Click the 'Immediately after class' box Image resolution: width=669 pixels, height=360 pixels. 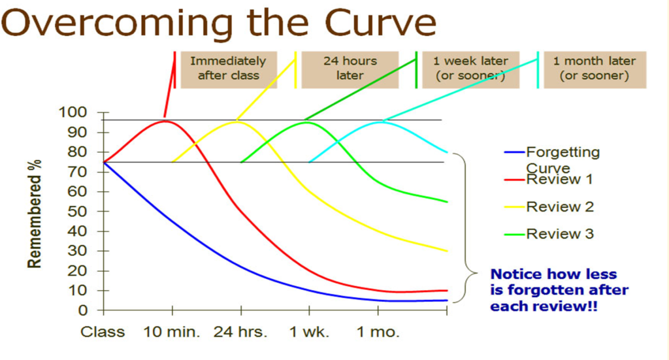[x=228, y=69]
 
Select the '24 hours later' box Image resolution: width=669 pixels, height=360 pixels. [x=350, y=69]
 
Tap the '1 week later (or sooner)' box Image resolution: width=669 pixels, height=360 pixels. [x=470, y=69]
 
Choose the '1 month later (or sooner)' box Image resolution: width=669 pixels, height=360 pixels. [x=594, y=69]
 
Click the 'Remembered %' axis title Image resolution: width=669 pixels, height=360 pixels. [x=35, y=212]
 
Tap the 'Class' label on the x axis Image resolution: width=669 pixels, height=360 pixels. [x=103, y=332]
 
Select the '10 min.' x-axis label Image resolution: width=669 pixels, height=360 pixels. [x=172, y=332]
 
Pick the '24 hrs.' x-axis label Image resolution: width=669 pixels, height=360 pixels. [x=240, y=332]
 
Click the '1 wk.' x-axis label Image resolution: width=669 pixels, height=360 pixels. [x=310, y=332]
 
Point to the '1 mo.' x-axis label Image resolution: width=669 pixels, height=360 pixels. [x=378, y=332]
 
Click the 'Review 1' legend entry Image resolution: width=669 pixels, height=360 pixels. [x=560, y=179]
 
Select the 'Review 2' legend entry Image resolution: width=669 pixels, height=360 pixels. [x=560, y=206]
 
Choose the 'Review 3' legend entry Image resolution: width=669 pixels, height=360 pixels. [x=560, y=234]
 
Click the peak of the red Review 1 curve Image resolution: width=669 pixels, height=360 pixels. [x=166, y=121]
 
